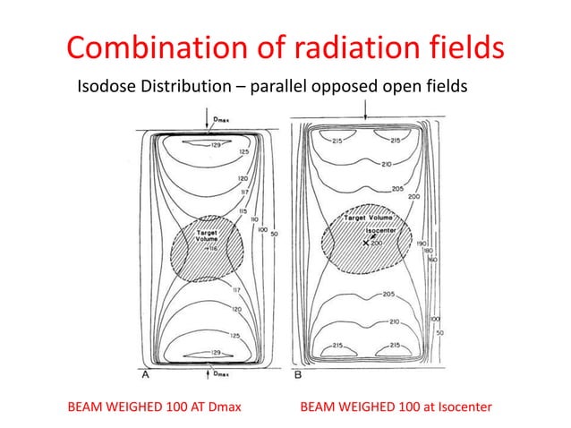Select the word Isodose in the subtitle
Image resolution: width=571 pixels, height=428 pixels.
pos(110,87)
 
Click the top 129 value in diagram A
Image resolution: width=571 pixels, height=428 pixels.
pos(217,144)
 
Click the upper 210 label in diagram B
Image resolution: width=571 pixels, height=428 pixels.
pos(387,164)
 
